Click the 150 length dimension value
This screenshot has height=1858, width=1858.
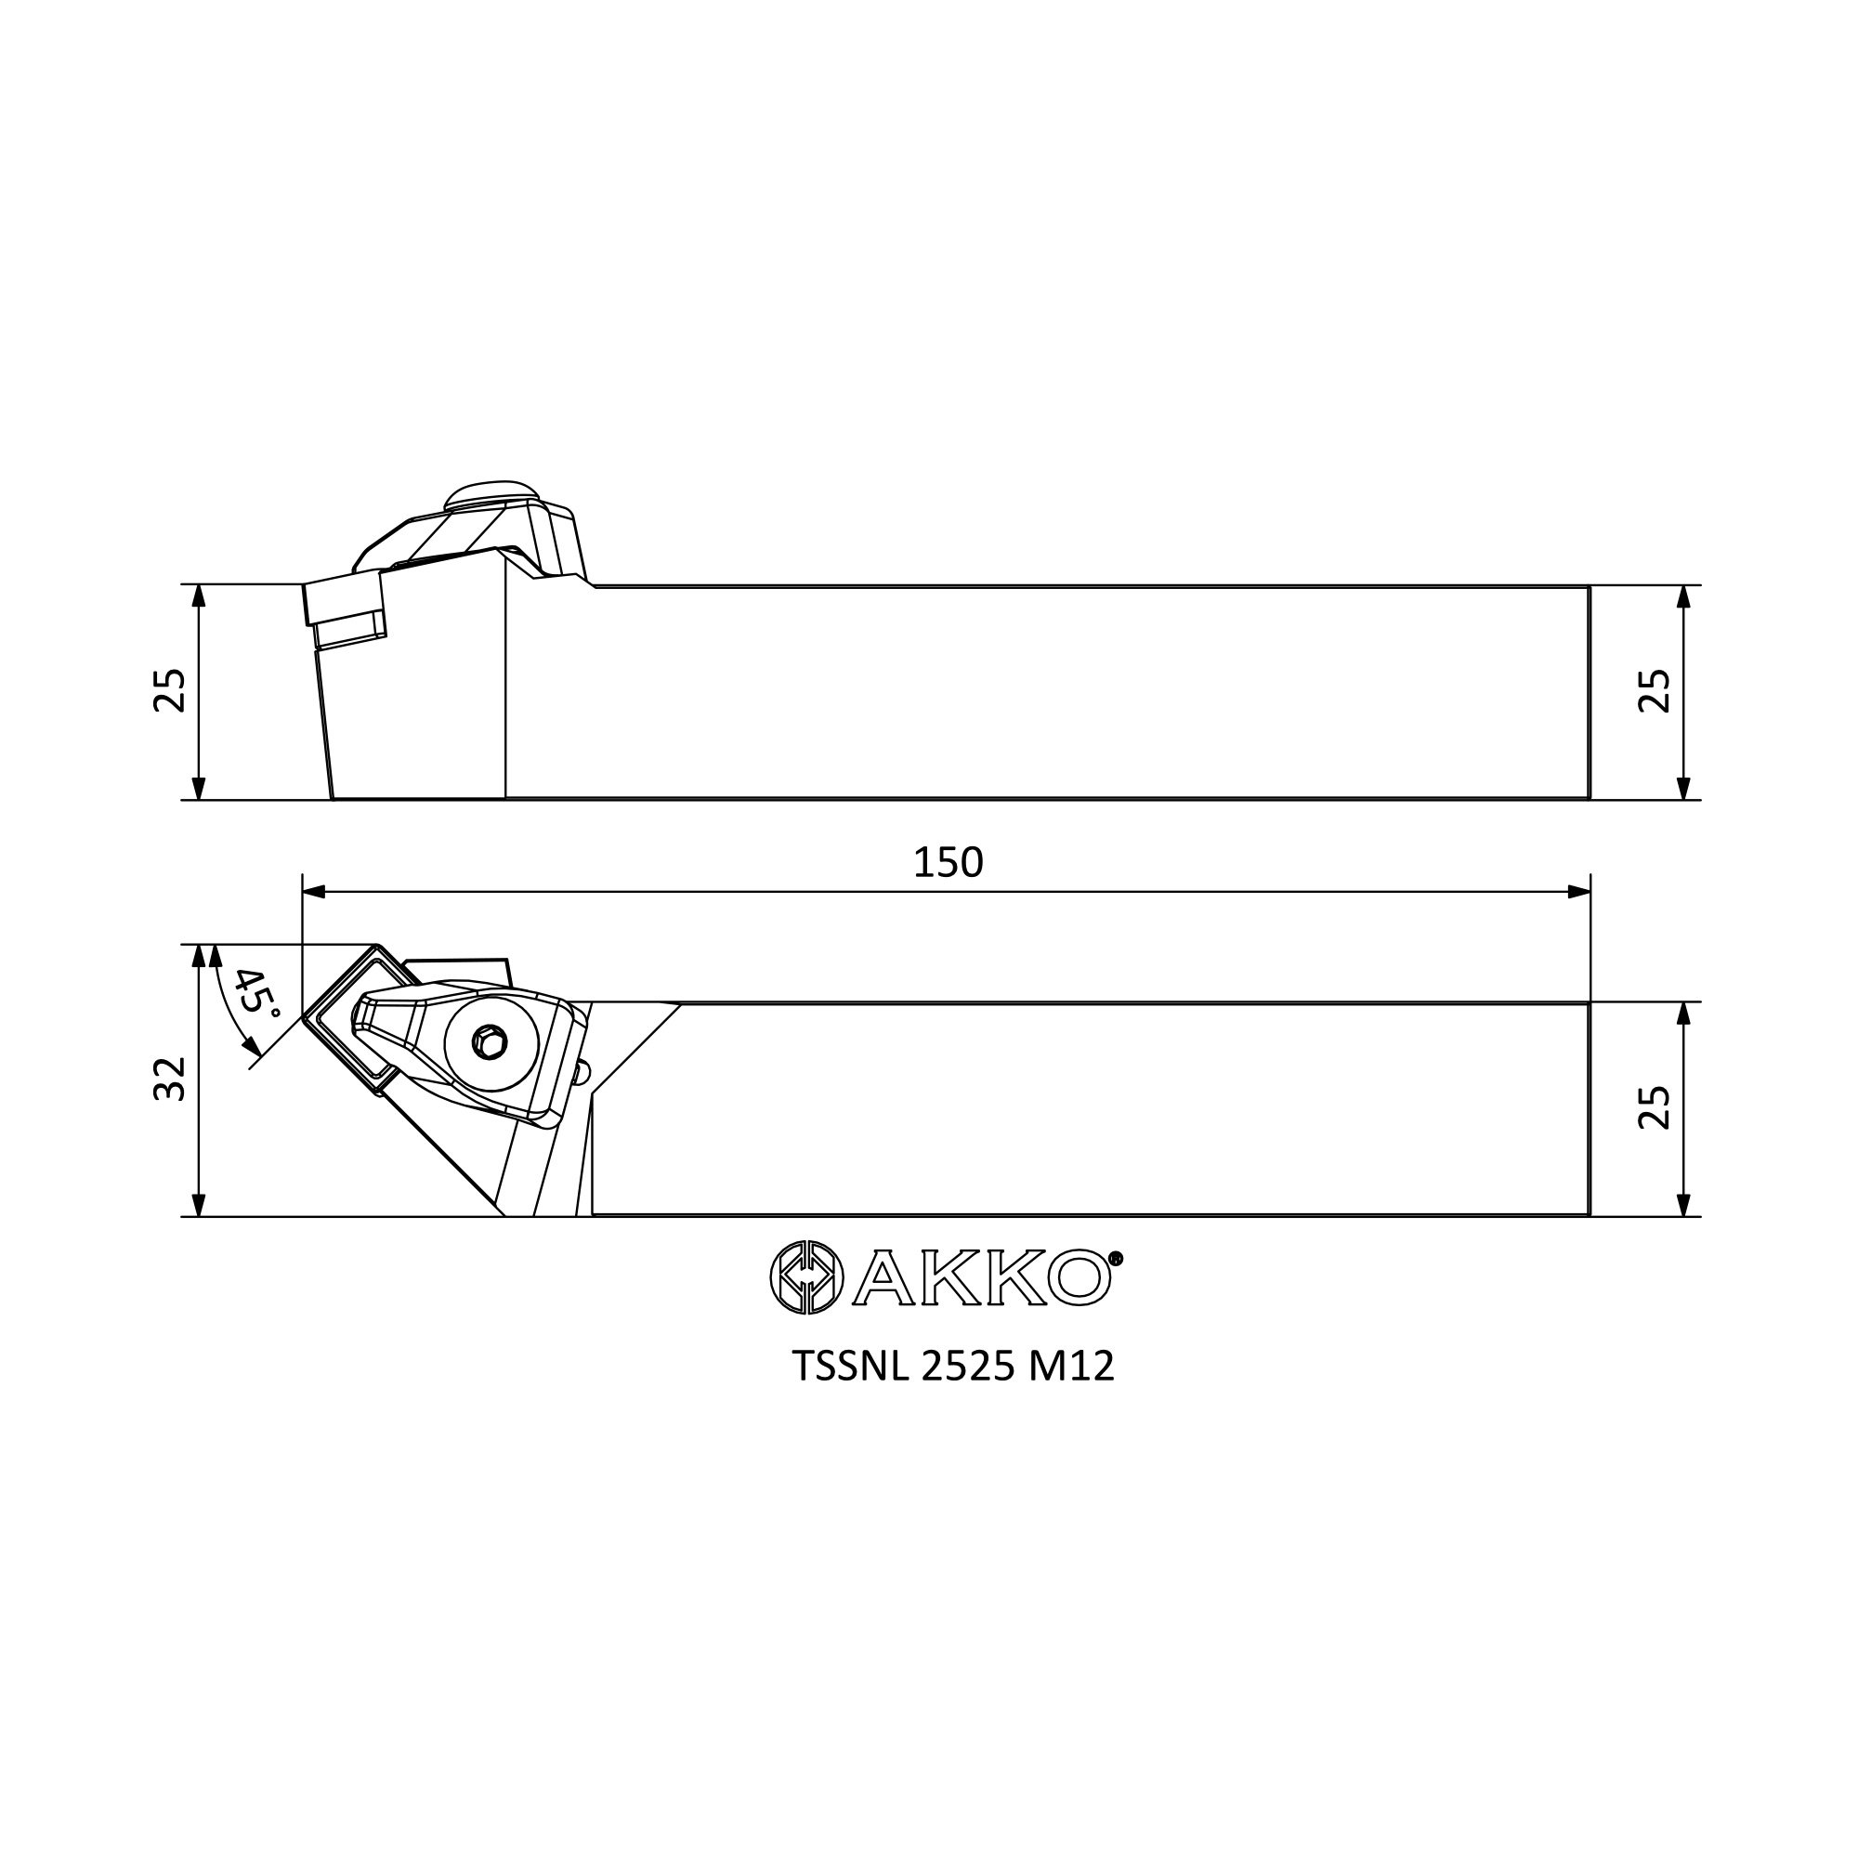tap(948, 863)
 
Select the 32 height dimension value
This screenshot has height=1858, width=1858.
tap(170, 1079)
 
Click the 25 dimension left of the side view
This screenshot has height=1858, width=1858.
tap(170, 689)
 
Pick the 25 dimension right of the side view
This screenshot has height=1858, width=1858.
tap(1655, 690)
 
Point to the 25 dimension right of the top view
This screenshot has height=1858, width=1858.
tap(1655, 1108)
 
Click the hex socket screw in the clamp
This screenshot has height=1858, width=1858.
tap(491, 1042)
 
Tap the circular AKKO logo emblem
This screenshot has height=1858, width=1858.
tap(807, 1277)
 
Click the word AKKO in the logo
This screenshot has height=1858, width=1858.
tap(982, 1277)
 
